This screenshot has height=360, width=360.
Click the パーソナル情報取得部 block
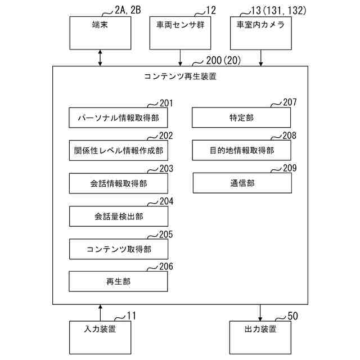coord(118,118)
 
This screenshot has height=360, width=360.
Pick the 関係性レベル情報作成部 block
coord(118,150)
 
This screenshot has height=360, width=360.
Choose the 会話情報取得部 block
coord(118,183)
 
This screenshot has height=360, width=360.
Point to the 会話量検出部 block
coord(118,216)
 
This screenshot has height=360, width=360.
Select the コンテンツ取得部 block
coord(118,249)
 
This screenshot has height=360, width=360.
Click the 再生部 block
coord(118,281)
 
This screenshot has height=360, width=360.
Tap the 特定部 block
coord(242,118)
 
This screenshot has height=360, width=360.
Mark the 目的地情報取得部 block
coord(242,150)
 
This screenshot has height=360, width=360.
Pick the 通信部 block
coord(242,183)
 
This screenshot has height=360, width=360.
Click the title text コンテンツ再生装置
coord(180,77)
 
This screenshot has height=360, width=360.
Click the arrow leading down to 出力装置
coord(260,312)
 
